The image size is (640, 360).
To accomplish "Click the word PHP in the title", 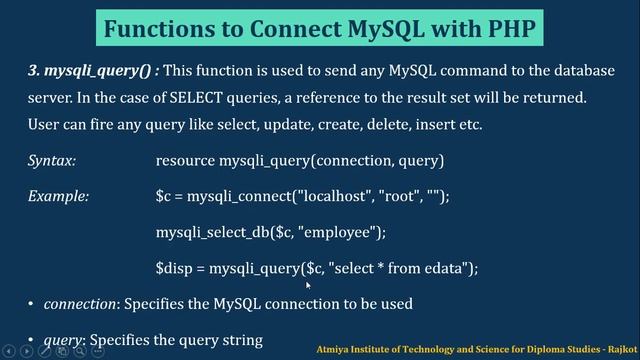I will [502, 27].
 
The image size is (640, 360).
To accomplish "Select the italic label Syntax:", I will [52, 161].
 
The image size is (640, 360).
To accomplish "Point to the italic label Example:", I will [59, 196].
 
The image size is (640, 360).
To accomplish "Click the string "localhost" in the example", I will [321, 196].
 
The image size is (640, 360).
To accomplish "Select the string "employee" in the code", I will [341, 232].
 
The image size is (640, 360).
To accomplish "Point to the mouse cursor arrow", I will [309, 286].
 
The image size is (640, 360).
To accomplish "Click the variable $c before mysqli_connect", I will [164, 196].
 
